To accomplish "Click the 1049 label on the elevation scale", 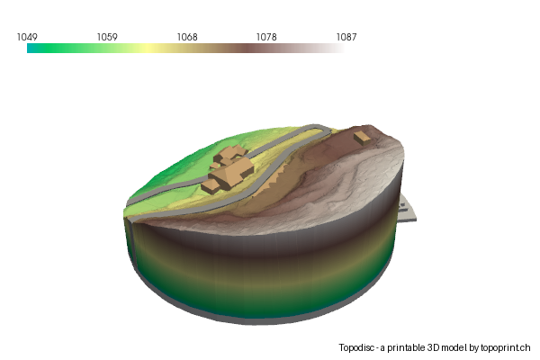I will click(x=27, y=37).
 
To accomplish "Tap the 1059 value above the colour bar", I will click(x=107, y=37).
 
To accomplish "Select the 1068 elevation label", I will click(x=187, y=37).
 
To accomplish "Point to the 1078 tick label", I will click(x=266, y=37).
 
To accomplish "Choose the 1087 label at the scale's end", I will click(x=346, y=37).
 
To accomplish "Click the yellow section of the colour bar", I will click(x=144, y=49).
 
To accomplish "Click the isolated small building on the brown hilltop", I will click(x=362, y=137).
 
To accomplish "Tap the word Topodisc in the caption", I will click(x=358, y=347).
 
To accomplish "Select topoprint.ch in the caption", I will click(x=506, y=347).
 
